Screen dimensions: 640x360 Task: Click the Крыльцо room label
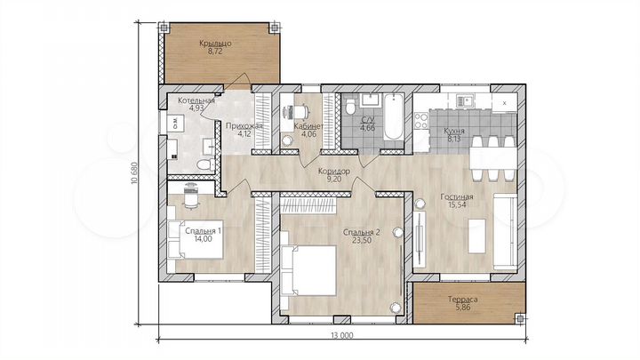(x=215, y=43)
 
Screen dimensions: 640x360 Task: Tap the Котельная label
(x=196, y=100)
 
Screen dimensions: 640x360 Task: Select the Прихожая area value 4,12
(x=244, y=133)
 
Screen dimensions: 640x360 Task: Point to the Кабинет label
(x=309, y=126)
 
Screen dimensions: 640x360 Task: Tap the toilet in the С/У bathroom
(x=350, y=107)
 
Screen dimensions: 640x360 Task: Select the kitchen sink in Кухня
(x=463, y=100)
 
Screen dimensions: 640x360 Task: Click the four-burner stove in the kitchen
(x=421, y=121)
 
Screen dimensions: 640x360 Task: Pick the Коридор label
(x=334, y=172)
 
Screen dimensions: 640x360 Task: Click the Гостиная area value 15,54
(x=456, y=205)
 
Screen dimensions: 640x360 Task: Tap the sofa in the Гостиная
(x=505, y=231)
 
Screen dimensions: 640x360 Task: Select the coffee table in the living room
(x=476, y=236)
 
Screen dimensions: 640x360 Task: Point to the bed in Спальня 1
(x=196, y=240)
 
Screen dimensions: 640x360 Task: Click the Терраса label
(x=463, y=300)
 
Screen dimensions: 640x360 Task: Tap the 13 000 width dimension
(x=342, y=335)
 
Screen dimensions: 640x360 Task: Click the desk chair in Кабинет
(x=301, y=110)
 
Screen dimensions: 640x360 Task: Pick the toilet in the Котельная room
(x=204, y=165)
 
